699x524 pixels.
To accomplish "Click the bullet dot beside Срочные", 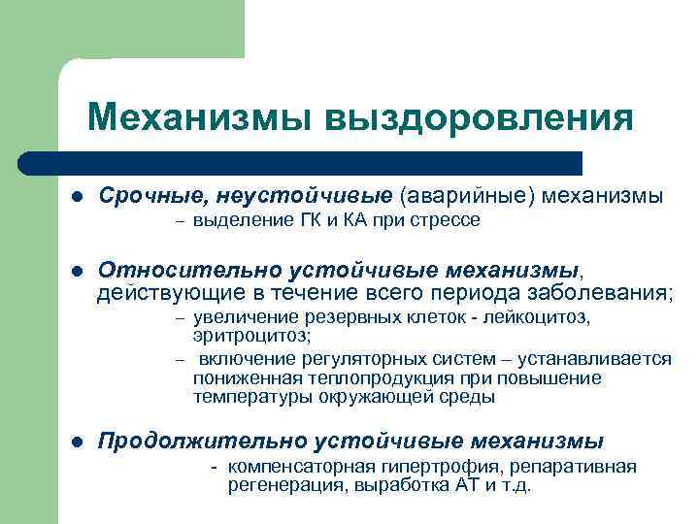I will (78, 197).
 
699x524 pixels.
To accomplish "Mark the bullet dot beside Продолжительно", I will (78, 442).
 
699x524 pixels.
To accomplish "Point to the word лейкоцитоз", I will (544, 317).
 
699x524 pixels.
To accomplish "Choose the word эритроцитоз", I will (251, 335).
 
